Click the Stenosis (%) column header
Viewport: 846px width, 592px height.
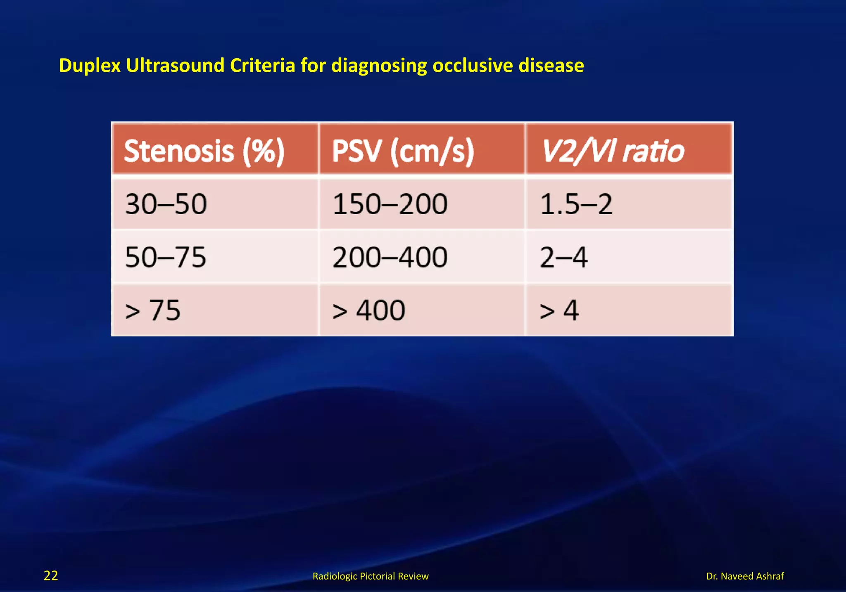pyautogui.click(x=204, y=151)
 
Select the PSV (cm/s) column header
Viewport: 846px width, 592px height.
pyautogui.click(x=403, y=151)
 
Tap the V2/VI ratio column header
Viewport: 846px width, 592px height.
pyautogui.click(x=612, y=151)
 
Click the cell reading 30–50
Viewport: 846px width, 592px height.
pyautogui.click(x=166, y=204)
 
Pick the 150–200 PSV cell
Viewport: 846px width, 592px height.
pyautogui.click(x=390, y=204)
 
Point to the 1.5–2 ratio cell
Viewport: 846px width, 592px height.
pyautogui.click(x=576, y=204)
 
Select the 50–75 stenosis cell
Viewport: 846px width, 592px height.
pyautogui.click(x=166, y=257)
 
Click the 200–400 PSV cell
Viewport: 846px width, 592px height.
pyautogui.click(x=390, y=257)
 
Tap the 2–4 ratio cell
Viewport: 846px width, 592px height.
pyautogui.click(x=564, y=257)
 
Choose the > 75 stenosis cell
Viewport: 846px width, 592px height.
pyautogui.click(x=153, y=310)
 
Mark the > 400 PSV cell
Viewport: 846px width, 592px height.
pyautogui.click(x=368, y=310)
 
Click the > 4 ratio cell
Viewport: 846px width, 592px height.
pyautogui.click(x=559, y=310)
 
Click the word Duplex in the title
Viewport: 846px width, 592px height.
pyautogui.click(x=90, y=66)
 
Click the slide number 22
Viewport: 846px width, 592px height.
pyautogui.click(x=51, y=575)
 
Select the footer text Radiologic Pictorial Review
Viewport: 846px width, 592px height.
pyautogui.click(x=371, y=576)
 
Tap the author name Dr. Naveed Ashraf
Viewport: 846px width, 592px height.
pyautogui.click(x=745, y=576)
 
